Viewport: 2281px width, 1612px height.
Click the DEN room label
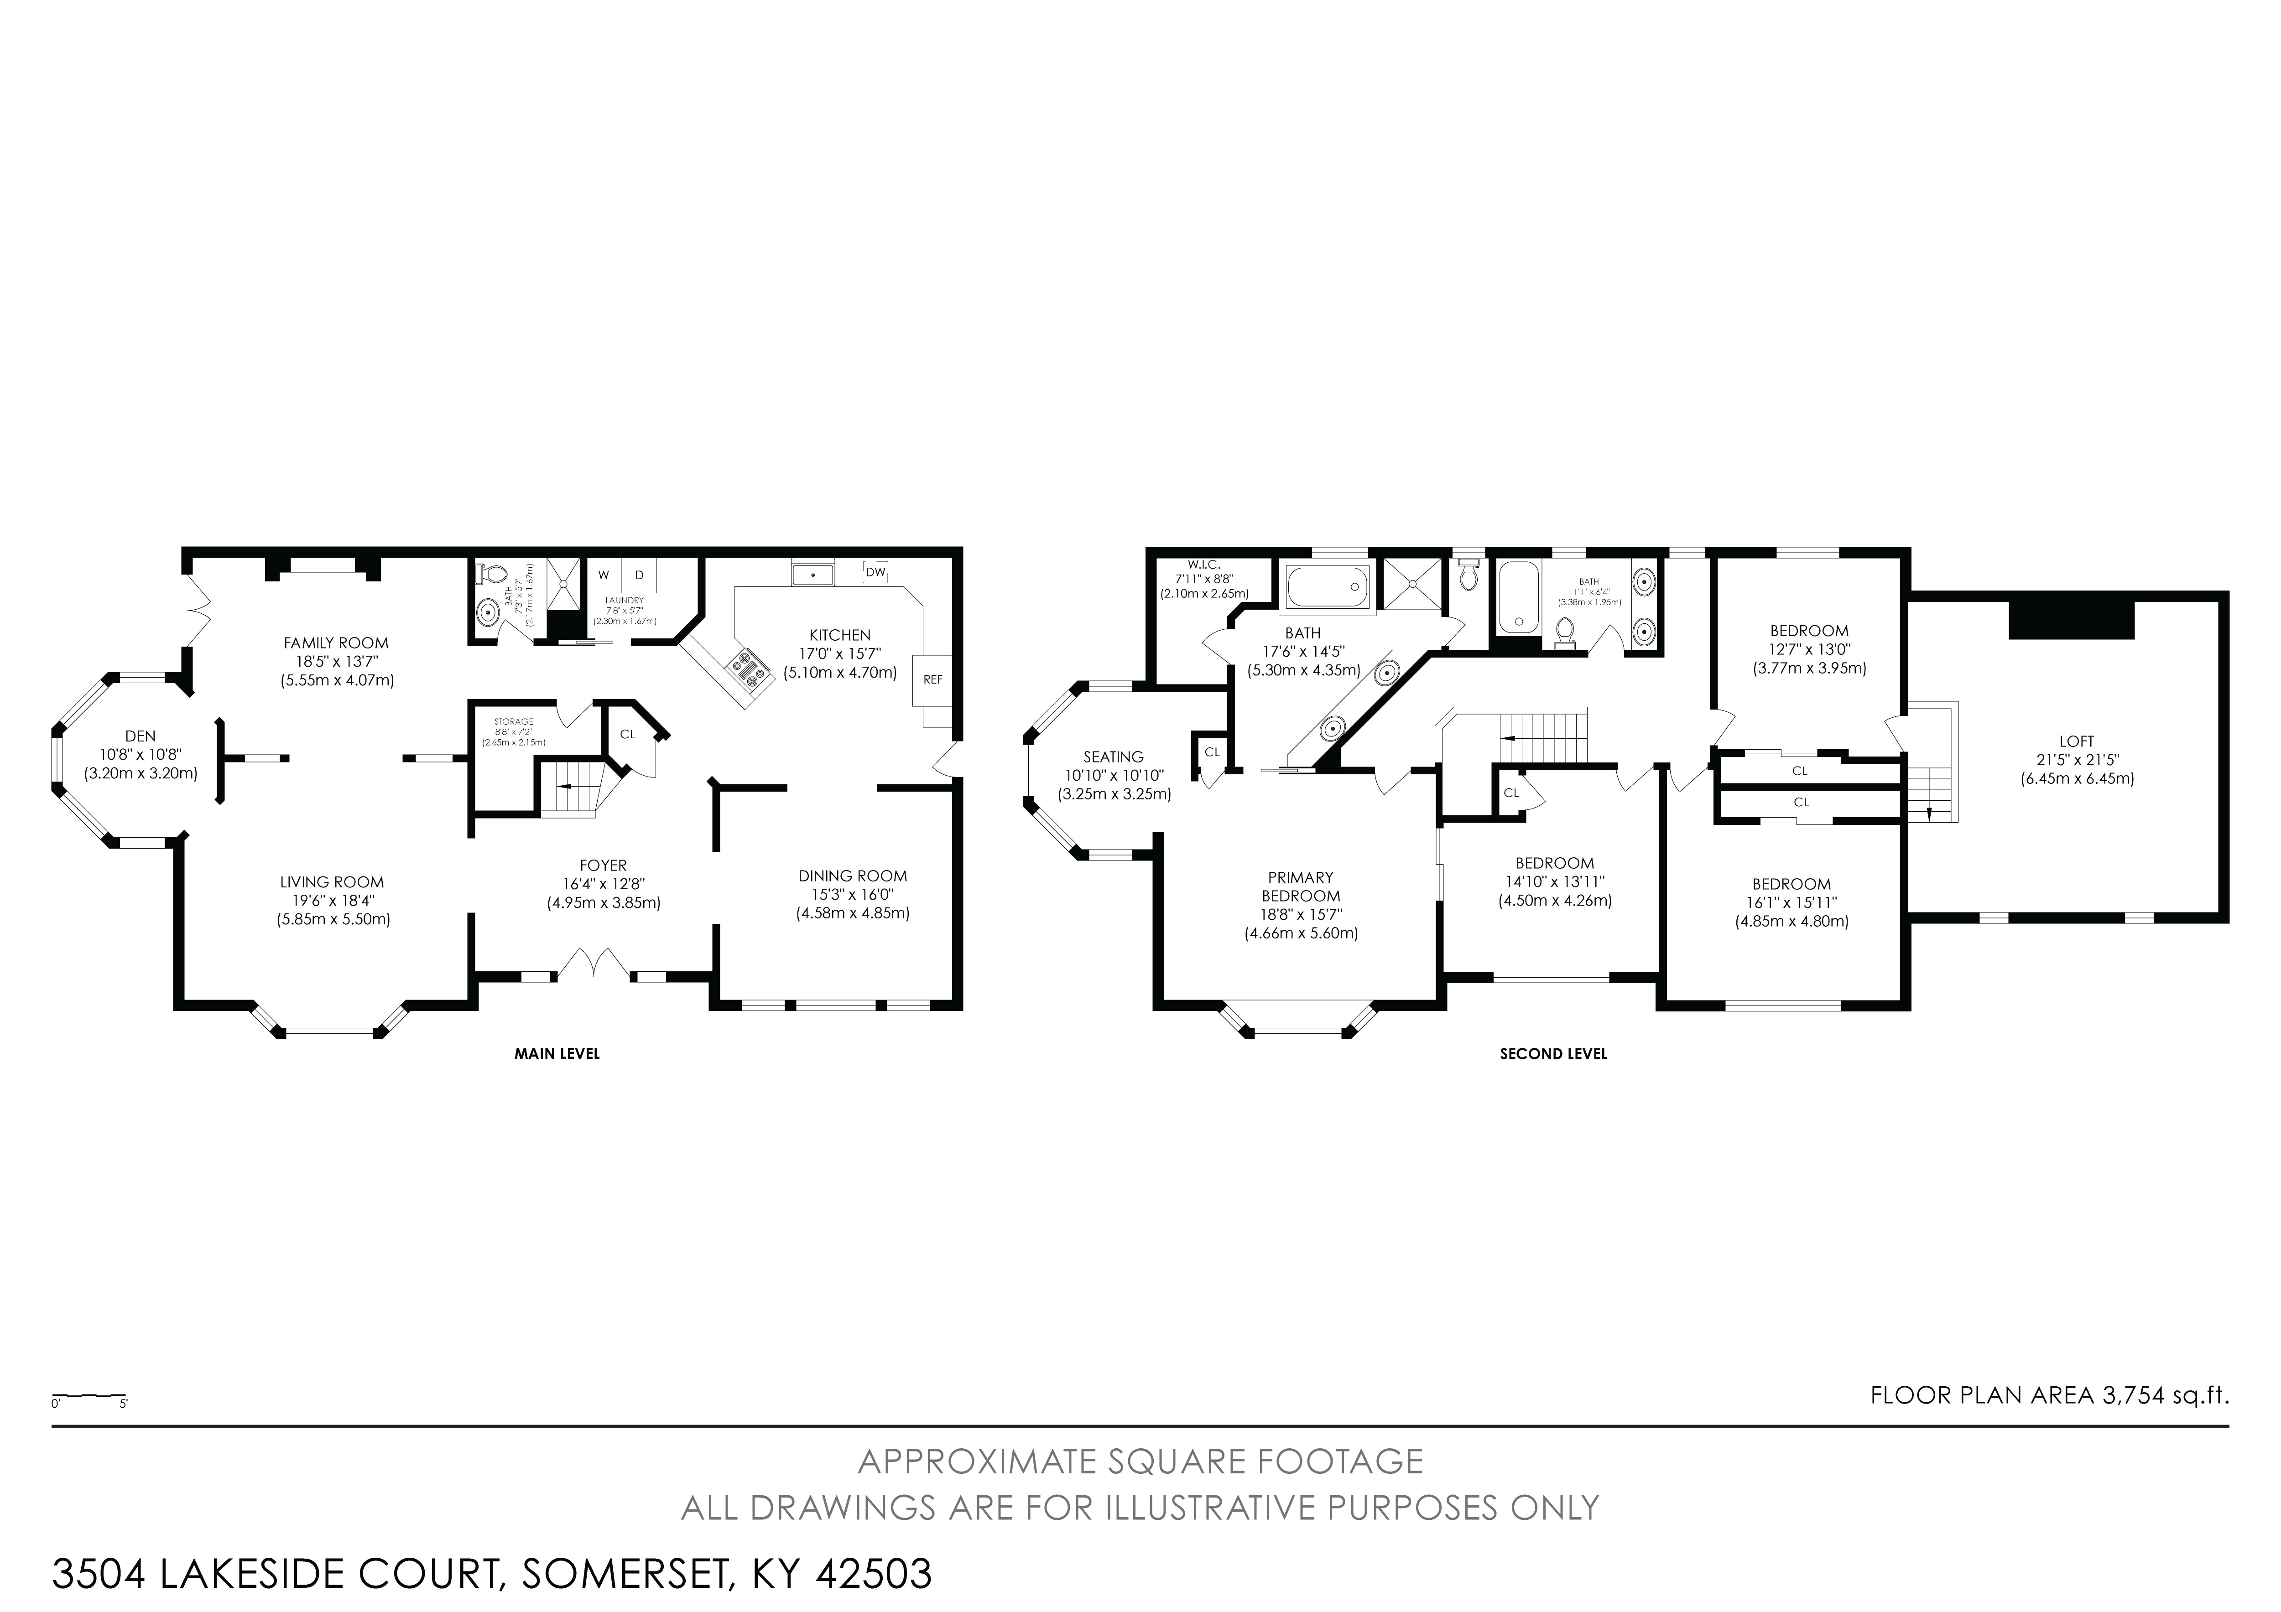140,736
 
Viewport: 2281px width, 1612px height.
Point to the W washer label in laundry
603,575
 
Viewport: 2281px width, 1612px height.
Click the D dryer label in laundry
640,575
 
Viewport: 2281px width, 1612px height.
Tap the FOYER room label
603,865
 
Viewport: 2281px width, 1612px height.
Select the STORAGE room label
514,721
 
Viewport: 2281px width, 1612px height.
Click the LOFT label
2076,741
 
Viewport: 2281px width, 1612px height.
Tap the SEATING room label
1114,757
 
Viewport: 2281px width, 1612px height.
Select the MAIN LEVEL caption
557,1054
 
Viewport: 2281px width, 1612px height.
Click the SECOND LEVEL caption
1553,1054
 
